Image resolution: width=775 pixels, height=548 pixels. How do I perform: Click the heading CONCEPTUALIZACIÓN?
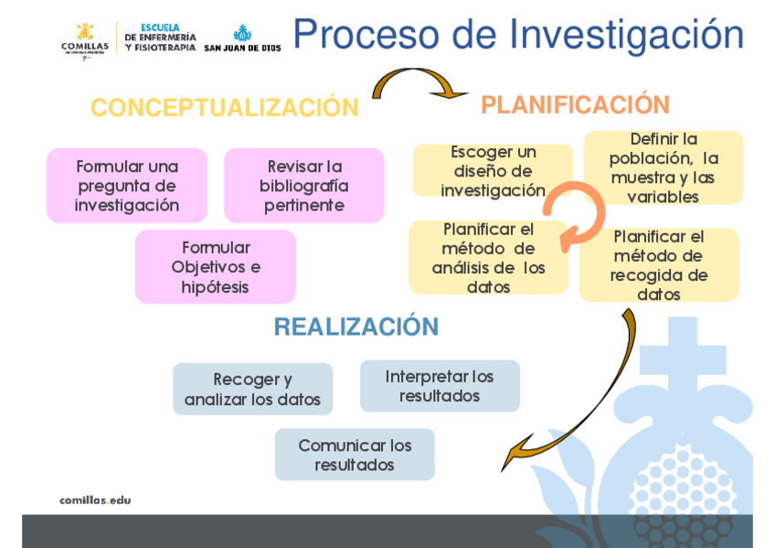click(x=224, y=108)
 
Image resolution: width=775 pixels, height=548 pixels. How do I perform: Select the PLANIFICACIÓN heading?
click(x=575, y=105)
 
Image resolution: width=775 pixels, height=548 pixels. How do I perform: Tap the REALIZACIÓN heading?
click(x=356, y=327)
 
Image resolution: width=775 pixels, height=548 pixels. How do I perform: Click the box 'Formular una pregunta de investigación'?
click(x=126, y=186)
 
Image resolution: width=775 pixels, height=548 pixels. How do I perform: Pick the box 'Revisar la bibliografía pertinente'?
click(x=303, y=186)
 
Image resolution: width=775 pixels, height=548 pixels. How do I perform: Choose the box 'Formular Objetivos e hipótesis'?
click(x=216, y=267)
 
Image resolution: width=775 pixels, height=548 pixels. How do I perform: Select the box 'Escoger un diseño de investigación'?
click(x=493, y=171)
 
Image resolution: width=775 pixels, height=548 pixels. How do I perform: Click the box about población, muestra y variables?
click(x=664, y=167)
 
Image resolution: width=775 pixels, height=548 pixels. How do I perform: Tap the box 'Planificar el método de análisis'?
click(x=488, y=258)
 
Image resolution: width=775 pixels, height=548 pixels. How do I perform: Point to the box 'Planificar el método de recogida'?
click(x=658, y=265)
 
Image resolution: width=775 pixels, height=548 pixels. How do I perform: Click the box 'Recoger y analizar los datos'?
click(x=252, y=390)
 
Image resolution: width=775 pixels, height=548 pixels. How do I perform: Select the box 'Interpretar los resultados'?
click(x=440, y=386)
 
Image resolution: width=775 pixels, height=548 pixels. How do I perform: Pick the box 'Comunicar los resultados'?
click(x=355, y=455)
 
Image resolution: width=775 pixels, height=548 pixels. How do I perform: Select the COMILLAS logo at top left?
click(x=84, y=38)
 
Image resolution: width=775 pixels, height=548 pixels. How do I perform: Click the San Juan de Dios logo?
click(x=242, y=38)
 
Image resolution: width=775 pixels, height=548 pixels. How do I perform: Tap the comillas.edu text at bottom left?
click(x=95, y=500)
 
